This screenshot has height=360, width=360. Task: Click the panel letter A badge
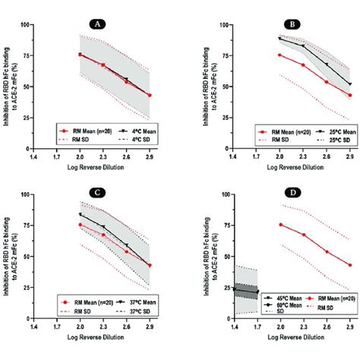click(96, 24)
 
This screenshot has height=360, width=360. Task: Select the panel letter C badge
click(96, 193)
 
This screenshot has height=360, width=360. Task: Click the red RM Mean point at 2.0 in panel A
click(80, 55)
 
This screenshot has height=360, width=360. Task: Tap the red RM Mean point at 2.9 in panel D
click(350, 265)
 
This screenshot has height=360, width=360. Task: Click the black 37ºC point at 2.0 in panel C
click(80, 215)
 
